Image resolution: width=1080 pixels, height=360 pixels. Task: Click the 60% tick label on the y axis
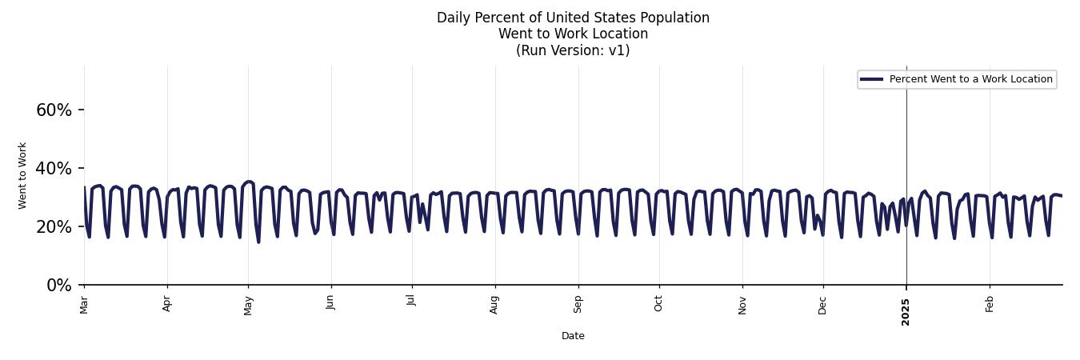tap(54, 110)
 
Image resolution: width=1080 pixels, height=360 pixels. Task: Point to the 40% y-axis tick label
tap(54, 168)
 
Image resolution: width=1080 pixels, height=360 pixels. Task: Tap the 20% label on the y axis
tap(54, 226)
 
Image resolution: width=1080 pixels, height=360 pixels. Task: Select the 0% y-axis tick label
tap(59, 285)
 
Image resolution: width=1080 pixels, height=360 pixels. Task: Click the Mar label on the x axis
tap(84, 305)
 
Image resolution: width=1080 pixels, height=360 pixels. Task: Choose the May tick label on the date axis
tap(248, 306)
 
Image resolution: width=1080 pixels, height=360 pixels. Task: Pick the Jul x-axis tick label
tap(412, 303)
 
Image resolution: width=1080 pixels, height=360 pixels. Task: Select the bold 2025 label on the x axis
tap(906, 307)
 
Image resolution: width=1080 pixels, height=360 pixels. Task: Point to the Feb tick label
tap(990, 304)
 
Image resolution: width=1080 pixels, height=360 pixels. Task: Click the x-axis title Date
tap(573, 336)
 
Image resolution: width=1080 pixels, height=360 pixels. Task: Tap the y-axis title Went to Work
tap(22, 175)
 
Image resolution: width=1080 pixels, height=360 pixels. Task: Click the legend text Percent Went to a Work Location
tap(970, 79)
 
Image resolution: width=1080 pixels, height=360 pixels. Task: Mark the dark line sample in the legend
tap(871, 79)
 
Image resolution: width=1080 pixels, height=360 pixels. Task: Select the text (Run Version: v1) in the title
tap(573, 50)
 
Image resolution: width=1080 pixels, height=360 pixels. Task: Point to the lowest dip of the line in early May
tap(258, 242)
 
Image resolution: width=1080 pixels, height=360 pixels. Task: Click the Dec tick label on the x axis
tap(822, 305)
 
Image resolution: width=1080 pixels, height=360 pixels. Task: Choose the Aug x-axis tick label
tap(494, 305)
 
